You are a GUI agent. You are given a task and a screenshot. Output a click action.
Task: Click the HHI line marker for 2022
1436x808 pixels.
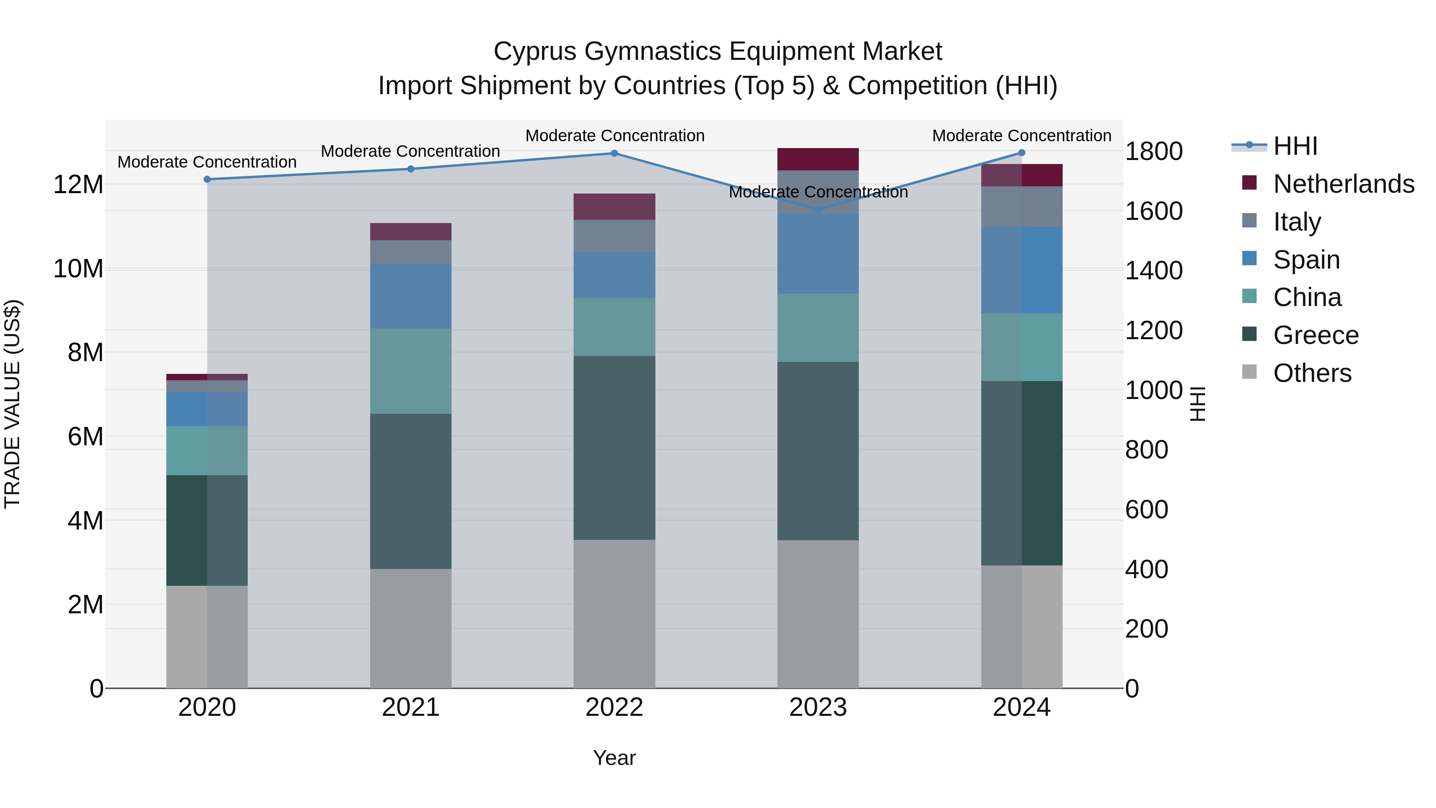coord(614,153)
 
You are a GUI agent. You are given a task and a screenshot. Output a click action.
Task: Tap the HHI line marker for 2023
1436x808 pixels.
coord(819,209)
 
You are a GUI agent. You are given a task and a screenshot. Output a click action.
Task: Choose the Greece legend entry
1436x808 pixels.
coord(1316,335)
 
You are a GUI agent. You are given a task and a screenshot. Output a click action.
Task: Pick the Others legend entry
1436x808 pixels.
coord(1312,373)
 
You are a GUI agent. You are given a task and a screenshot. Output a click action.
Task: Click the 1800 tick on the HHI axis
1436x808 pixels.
coord(1153,151)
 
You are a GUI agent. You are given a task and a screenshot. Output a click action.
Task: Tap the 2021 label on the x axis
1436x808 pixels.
coord(410,707)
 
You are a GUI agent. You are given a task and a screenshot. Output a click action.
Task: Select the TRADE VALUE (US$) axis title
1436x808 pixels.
coord(13,404)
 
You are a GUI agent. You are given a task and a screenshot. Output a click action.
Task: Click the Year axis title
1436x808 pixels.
coord(614,758)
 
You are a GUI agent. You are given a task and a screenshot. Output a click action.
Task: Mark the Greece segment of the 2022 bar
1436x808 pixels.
coord(614,448)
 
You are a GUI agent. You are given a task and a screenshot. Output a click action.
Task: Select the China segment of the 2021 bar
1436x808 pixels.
coord(410,371)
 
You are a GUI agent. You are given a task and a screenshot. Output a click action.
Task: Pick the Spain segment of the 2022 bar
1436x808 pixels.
coord(614,275)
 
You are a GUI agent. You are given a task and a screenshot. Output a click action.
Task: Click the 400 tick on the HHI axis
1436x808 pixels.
coord(1146,569)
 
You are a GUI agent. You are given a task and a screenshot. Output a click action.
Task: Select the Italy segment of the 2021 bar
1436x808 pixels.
coord(410,252)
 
